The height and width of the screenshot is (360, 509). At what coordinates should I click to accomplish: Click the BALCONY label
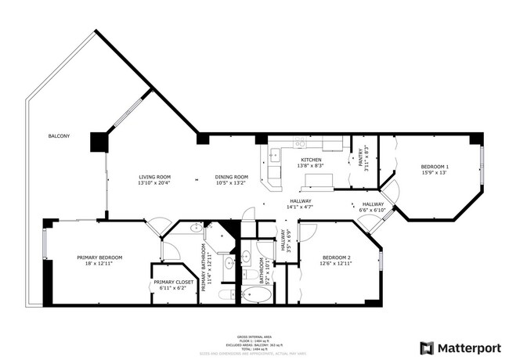tap(59, 136)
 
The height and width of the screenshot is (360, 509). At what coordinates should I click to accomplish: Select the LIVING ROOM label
tap(154, 177)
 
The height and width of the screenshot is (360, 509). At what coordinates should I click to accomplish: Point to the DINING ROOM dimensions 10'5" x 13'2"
tap(232, 183)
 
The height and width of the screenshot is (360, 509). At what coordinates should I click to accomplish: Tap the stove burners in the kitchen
tap(300, 143)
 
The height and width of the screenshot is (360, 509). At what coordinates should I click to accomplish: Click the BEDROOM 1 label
tap(435, 167)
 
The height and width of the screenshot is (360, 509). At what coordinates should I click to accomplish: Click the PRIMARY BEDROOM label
tap(99, 257)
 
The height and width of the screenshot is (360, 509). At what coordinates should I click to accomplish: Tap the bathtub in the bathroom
tap(256, 295)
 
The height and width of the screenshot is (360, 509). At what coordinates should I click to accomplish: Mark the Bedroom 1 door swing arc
tap(393, 189)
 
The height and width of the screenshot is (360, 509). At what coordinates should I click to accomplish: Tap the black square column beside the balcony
tap(98, 142)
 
